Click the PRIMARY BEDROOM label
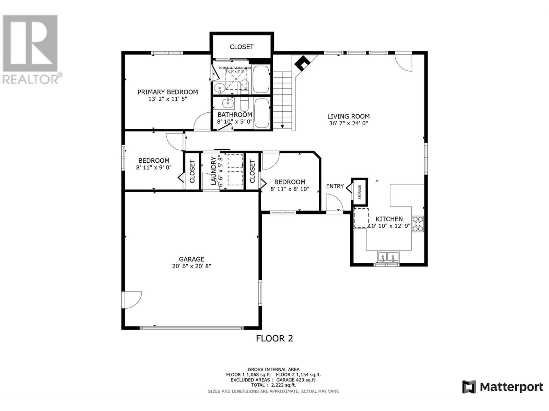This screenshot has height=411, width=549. (x=167, y=92)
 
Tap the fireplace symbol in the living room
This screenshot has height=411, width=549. (x=303, y=63)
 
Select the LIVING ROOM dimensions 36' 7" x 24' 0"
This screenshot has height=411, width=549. (x=348, y=123)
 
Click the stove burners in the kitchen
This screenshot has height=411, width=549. (x=418, y=224)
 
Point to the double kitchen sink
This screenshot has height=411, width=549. (x=388, y=257)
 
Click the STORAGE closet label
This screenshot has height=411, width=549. (x=360, y=192)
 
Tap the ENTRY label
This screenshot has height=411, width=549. (x=335, y=186)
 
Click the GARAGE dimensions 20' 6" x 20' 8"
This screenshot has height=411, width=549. (x=191, y=266)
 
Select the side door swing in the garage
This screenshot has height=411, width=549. (x=132, y=300)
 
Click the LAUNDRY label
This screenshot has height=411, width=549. (x=213, y=171)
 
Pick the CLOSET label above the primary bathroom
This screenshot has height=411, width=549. (x=242, y=47)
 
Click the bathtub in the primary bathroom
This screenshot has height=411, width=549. (x=261, y=79)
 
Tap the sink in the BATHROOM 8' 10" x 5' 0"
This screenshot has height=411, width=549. (x=227, y=102)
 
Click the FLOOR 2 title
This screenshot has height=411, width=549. (x=274, y=338)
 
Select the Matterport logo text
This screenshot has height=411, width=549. (x=511, y=387)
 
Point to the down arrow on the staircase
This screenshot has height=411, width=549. (x=282, y=126)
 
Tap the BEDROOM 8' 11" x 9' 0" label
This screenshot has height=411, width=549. (x=154, y=161)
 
